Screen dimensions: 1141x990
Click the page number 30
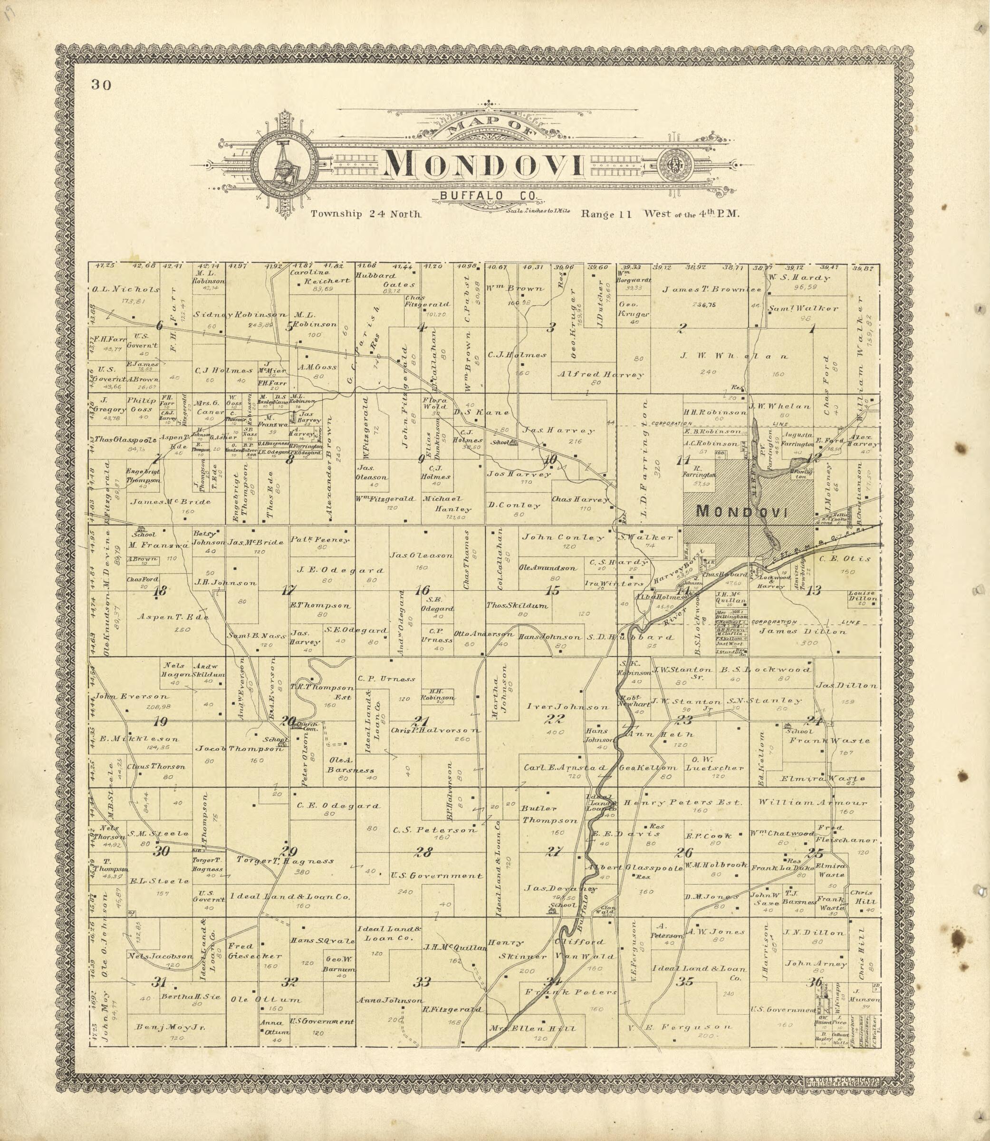click(102, 85)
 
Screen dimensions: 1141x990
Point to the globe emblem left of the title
click(285, 163)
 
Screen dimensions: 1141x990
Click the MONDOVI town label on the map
click(741, 511)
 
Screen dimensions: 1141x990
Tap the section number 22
click(554, 719)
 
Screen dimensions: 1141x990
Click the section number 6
click(160, 326)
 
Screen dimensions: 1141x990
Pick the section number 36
click(814, 982)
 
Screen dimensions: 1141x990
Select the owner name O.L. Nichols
click(125, 289)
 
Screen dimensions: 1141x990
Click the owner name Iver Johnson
click(567, 706)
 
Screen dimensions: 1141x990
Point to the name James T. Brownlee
click(711, 289)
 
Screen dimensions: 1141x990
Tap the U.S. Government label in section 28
click(436, 876)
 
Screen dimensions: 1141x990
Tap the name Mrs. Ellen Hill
click(532, 1028)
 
